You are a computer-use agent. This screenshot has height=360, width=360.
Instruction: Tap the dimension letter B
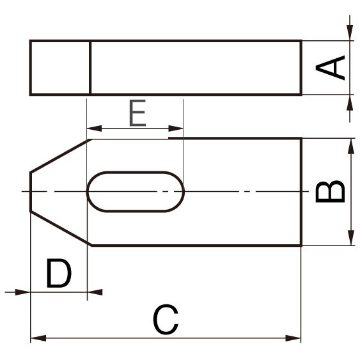pos(331,192)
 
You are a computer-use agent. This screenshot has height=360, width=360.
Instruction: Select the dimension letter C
pos(166,320)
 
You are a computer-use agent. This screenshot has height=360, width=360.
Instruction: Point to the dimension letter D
pos(58,274)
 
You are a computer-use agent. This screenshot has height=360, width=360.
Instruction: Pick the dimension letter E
pos(137,114)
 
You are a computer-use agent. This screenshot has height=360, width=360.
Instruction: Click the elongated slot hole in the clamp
pos(136,191)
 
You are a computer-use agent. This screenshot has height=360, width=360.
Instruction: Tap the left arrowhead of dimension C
pos(38,338)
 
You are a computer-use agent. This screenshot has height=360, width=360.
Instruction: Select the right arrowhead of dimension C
pos(293,338)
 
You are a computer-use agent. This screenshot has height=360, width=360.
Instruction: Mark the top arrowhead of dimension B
pos(350,146)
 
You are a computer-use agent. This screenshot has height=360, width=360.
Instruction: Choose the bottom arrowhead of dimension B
pos(350,238)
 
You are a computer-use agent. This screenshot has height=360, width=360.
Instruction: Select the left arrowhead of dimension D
pos(23,292)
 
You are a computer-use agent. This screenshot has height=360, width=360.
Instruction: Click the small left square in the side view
pos(60,68)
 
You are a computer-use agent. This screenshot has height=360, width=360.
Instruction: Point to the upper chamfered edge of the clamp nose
pos(59,155)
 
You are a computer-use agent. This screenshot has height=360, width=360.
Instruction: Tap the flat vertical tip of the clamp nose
pos(31,191)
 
